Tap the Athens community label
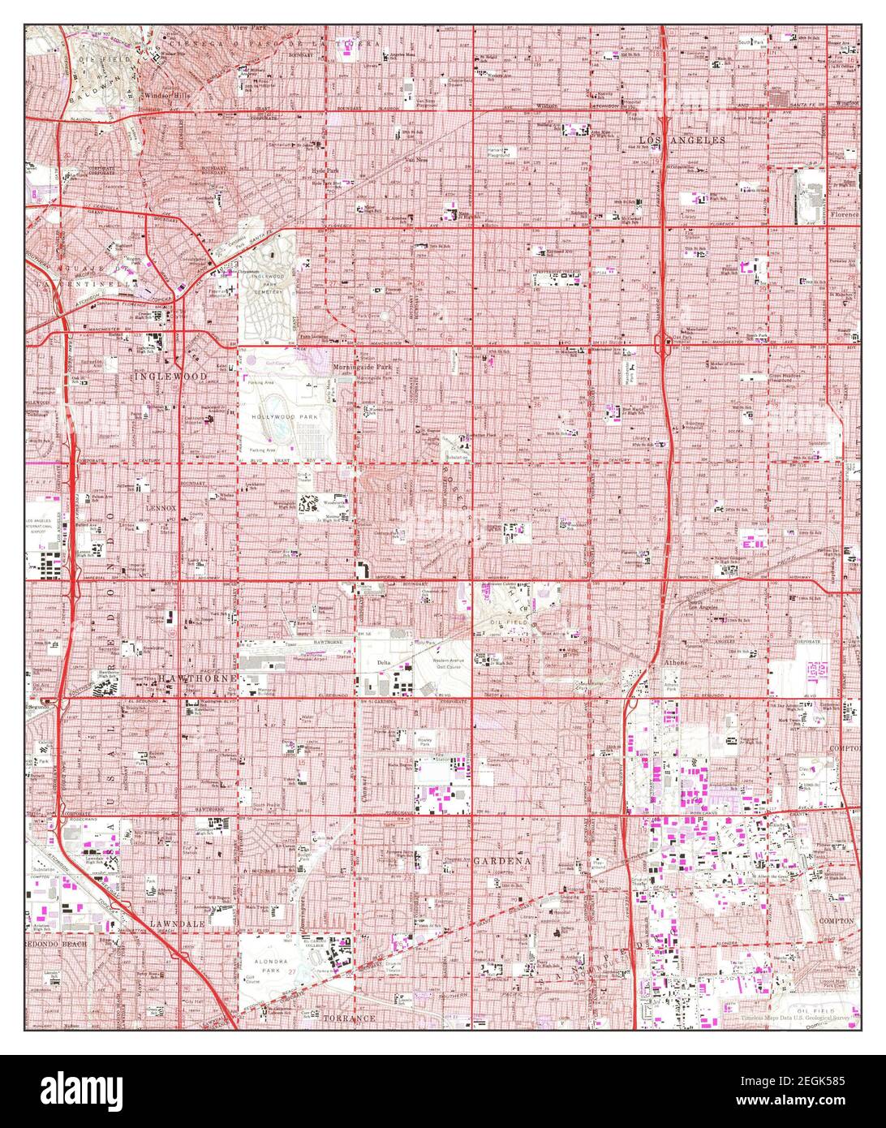(676, 662)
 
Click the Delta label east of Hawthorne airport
(384, 663)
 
